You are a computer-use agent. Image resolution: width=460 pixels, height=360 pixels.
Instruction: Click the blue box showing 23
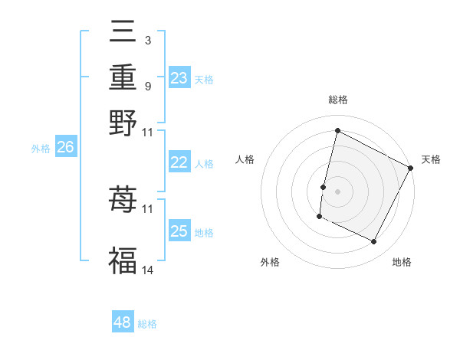coord(179,78)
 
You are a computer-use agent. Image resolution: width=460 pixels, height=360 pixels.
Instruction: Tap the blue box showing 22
coord(179,162)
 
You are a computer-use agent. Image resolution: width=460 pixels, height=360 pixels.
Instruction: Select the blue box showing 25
coord(179,231)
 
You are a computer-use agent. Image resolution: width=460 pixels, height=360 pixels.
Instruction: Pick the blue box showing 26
coord(65,148)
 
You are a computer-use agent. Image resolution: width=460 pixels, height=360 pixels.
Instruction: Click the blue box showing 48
coord(123,322)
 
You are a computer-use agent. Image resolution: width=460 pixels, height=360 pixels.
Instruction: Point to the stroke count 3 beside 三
coord(147,39)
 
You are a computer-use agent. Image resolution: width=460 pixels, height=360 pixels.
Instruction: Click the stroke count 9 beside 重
coord(147,86)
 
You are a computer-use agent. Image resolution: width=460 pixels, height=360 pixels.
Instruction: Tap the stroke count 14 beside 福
coord(148,270)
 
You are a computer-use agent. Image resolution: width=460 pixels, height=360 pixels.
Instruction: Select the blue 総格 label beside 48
coord(147,324)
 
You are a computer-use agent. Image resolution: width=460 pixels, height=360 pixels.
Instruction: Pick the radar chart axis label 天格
coord(431,159)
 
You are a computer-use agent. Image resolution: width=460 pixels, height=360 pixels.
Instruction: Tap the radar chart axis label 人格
coord(245,159)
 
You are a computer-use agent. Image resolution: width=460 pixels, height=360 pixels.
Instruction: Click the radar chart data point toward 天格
coord(411,167)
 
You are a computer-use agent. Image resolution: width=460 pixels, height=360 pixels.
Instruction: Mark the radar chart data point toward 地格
coord(374,242)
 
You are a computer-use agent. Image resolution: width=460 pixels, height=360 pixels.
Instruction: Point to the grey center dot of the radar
coord(338,190)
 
